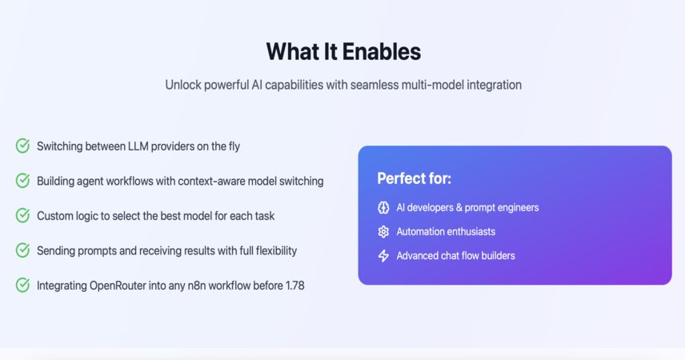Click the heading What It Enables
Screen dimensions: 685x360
343,51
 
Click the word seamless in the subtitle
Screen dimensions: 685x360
374,85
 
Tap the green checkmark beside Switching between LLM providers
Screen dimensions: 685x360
22,146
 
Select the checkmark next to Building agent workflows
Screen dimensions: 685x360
22,181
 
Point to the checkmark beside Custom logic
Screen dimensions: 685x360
22,215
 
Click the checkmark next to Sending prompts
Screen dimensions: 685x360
22,250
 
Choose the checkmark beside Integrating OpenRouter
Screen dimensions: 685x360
22,286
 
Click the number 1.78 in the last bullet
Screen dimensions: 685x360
294,286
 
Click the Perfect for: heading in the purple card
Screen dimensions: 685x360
415,178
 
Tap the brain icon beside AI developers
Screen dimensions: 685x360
383,207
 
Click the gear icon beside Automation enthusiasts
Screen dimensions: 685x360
383,231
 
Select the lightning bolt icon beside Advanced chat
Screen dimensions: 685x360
383,255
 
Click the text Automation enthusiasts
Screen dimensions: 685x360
446,231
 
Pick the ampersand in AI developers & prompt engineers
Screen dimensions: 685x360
459,207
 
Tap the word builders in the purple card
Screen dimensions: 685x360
498,255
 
